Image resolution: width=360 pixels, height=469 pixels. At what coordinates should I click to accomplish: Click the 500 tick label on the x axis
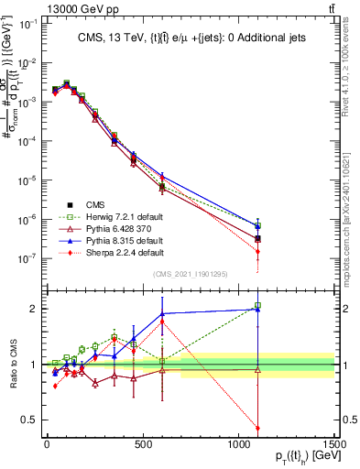(x=142, y=444)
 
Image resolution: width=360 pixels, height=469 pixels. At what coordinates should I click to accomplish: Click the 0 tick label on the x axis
(x=46, y=444)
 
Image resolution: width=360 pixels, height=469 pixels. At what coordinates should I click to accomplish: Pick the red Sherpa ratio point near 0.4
(x=257, y=428)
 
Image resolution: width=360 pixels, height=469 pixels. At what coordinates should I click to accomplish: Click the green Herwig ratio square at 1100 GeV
(x=257, y=305)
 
